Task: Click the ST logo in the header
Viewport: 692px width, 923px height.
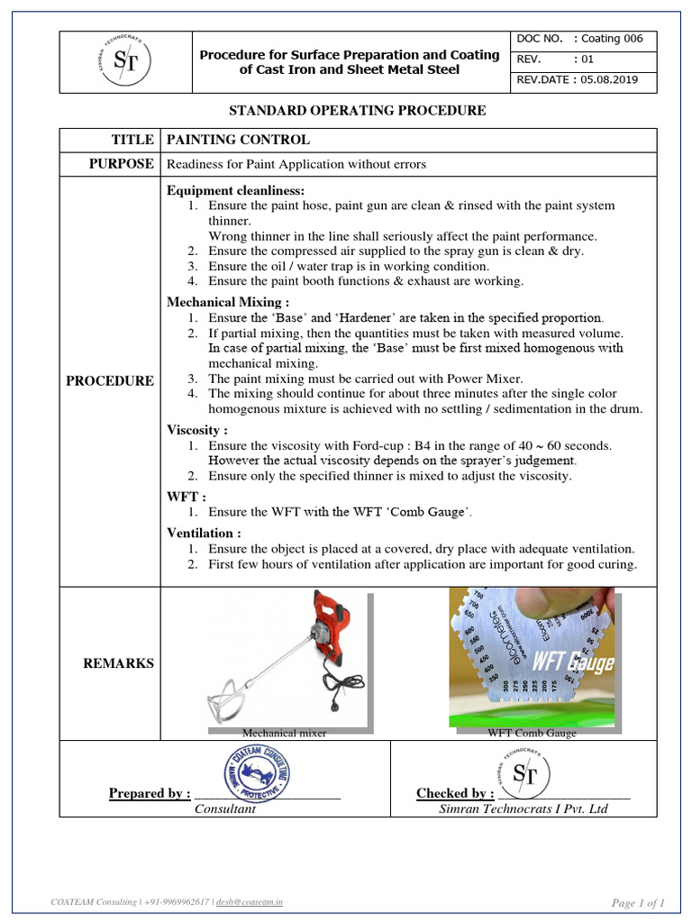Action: pos(126,61)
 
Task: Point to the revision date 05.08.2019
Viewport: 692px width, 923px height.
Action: pos(613,79)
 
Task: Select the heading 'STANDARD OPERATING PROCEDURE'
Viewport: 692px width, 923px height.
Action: pos(358,111)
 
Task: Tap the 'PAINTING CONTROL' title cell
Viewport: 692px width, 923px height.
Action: pos(236,140)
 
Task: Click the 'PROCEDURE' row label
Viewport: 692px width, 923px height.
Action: pos(110,380)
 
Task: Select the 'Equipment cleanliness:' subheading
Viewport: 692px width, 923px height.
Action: pos(236,191)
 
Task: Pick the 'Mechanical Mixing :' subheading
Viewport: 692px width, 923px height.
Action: pos(228,302)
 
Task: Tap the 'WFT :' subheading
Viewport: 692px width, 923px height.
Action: pos(187,497)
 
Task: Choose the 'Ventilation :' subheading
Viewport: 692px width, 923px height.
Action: pos(204,534)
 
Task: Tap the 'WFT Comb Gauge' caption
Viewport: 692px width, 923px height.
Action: pos(532,734)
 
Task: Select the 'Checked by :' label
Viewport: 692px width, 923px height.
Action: pos(454,793)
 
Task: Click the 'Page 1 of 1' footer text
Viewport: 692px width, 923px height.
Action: pos(638,902)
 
